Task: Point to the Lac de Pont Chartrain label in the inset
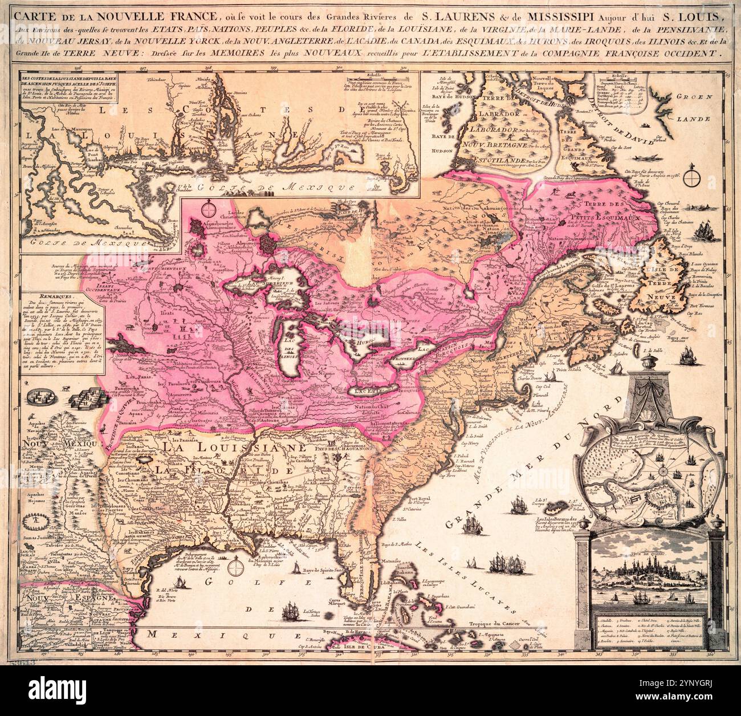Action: click(x=91, y=157)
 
